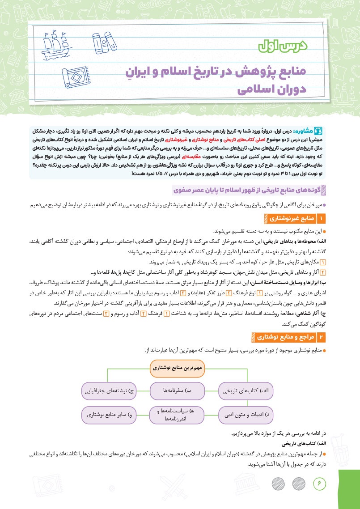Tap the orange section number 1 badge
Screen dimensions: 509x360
point(320,218)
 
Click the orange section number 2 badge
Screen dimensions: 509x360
point(320,335)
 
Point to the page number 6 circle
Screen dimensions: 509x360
point(320,483)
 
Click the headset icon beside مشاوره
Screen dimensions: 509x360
point(318,131)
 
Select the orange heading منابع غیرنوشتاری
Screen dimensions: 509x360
point(291,218)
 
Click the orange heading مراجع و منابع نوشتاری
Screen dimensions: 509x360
point(284,335)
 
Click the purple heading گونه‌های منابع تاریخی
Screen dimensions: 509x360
point(250,191)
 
